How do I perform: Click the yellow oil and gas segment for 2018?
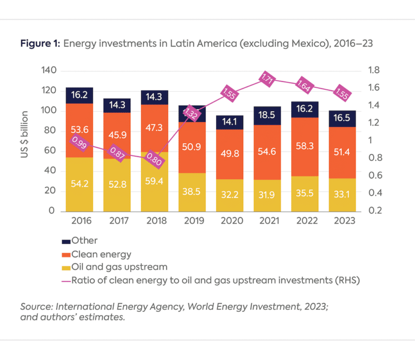tap(155, 181)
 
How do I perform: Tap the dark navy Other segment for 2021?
tap(267, 116)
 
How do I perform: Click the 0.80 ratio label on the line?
tap(155, 160)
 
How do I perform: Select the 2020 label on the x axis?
tap(230, 221)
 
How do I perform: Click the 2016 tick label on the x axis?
tap(79, 221)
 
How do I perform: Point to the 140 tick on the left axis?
tap(49, 71)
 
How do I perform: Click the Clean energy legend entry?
tap(99, 253)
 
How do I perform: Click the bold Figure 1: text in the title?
tap(39, 44)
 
